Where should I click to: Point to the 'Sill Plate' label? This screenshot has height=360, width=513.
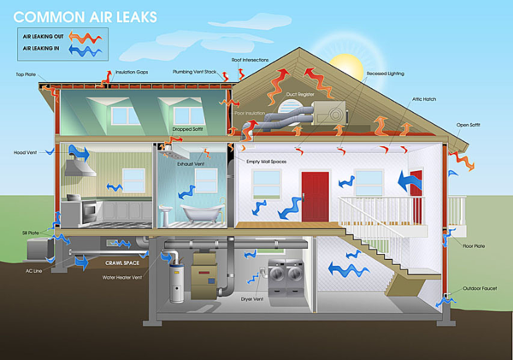pyautogui.click(x=29, y=233)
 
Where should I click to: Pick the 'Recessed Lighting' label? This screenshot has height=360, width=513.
pyautogui.click(x=386, y=74)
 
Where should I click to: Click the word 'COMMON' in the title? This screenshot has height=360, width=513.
pyautogui.click(x=48, y=15)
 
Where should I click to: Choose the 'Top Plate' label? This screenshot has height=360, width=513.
pyautogui.click(x=25, y=74)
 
